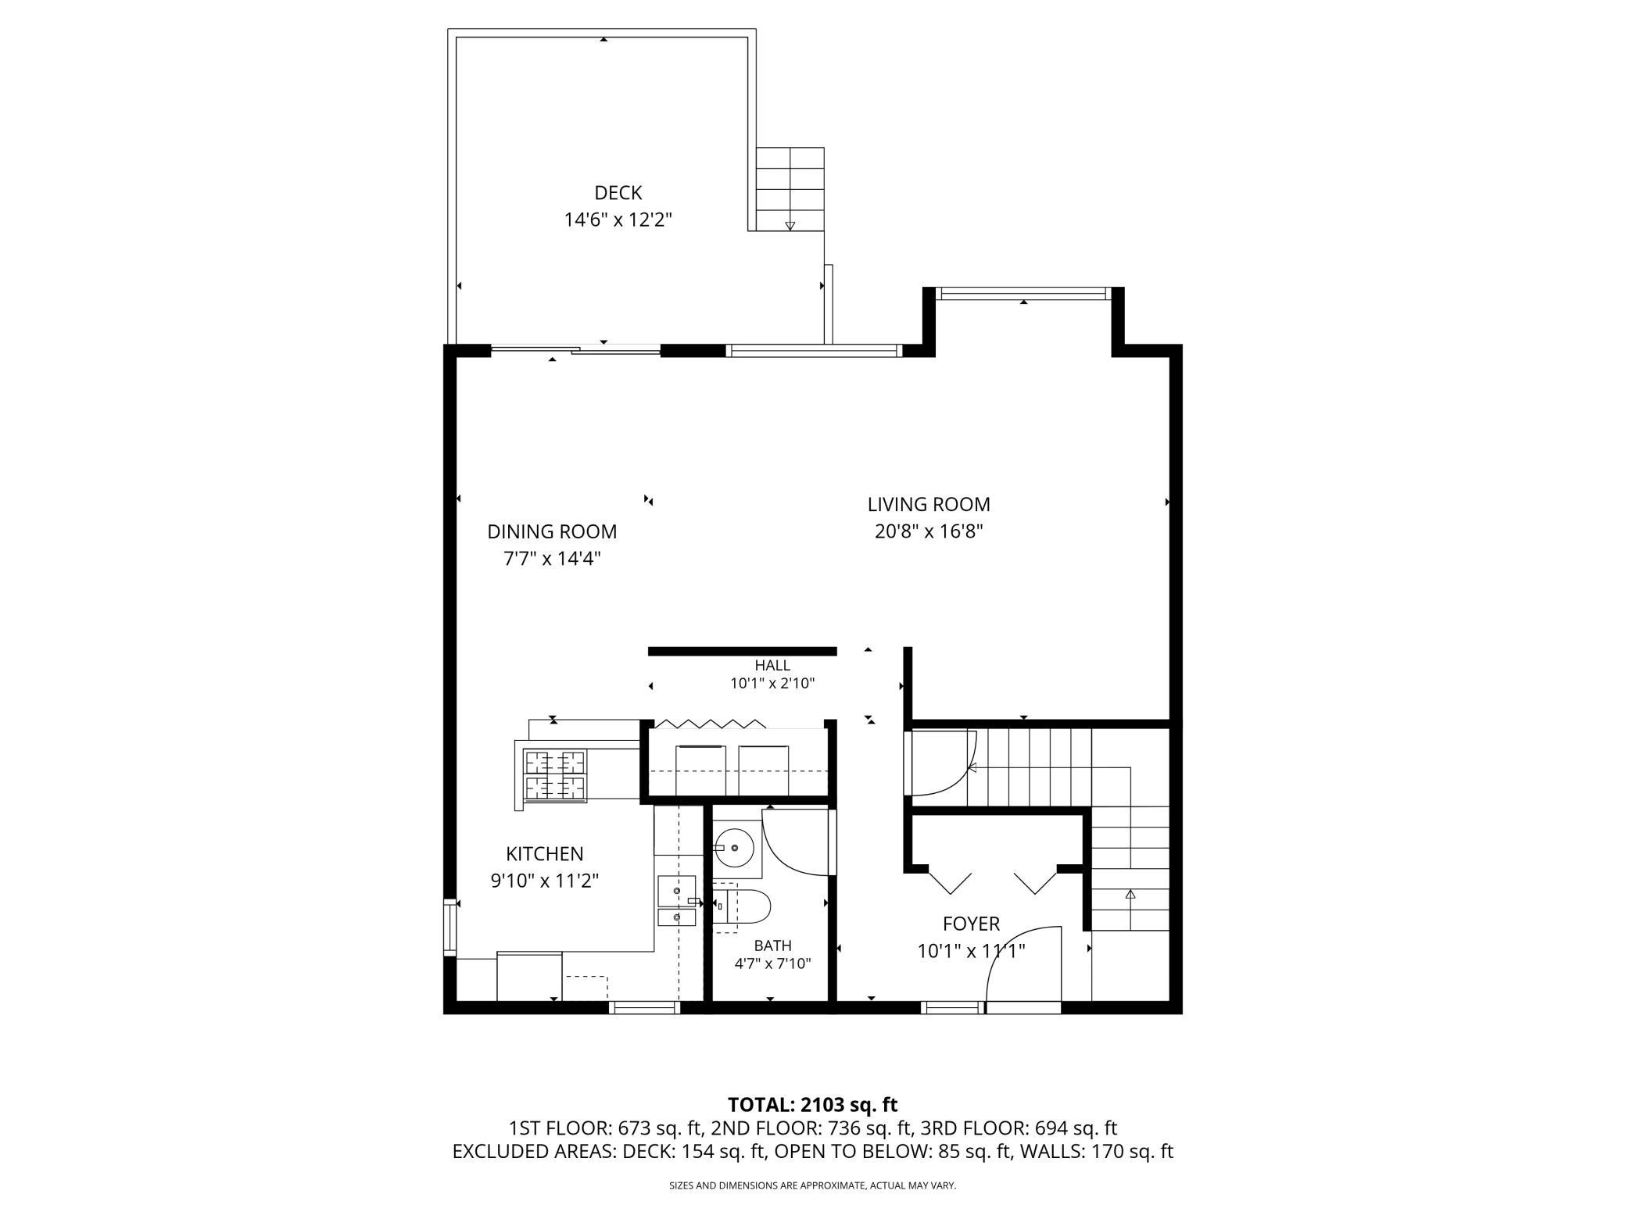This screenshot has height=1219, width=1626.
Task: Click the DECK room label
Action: (x=618, y=193)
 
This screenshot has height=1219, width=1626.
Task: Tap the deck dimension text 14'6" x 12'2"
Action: (x=618, y=220)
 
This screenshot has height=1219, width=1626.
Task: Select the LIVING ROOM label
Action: (x=929, y=505)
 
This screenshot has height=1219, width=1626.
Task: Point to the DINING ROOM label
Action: (x=552, y=532)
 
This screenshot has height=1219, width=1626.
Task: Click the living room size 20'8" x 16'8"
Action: (x=929, y=532)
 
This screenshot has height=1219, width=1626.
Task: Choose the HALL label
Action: (x=772, y=666)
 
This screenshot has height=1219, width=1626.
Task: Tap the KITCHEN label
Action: (x=545, y=854)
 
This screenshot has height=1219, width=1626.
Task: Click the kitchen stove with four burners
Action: (x=555, y=775)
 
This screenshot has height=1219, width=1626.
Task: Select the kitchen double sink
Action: (x=677, y=901)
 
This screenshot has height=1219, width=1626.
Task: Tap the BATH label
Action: (x=772, y=946)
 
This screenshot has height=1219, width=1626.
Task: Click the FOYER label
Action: (x=971, y=924)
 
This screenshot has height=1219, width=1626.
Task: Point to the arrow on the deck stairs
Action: (x=790, y=226)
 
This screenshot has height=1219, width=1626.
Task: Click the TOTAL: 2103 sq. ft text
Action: (x=813, y=1105)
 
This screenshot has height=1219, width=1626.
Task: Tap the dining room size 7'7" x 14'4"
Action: (x=552, y=559)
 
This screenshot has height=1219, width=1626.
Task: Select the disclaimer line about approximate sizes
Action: (x=813, y=1185)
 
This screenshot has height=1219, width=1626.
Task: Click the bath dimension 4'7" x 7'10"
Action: (x=772, y=964)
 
